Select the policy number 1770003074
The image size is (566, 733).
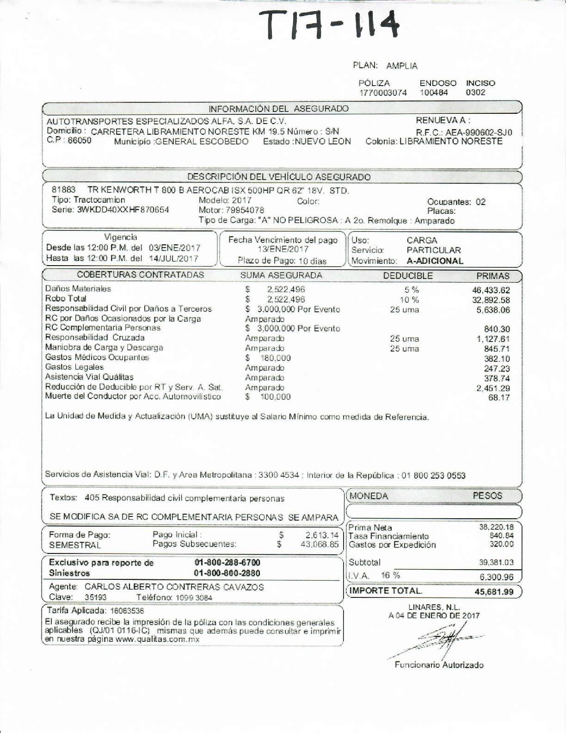[x=383, y=93]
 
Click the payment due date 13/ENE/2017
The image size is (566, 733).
[x=283, y=249]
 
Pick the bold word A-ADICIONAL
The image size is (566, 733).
[x=435, y=261]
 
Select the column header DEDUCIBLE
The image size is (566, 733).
[x=408, y=276]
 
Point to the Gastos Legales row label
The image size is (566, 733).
[x=74, y=367]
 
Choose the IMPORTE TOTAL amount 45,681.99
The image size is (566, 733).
[x=494, y=592]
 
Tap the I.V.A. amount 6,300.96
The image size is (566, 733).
[x=495, y=577]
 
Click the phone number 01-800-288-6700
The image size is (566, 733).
[x=228, y=563]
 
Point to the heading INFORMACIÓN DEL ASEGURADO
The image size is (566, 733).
[x=279, y=109]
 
